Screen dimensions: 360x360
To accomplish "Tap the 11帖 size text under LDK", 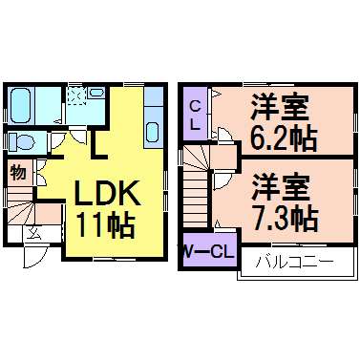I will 106,225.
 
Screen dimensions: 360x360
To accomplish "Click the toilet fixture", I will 22,140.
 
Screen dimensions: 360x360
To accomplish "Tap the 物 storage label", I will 18,173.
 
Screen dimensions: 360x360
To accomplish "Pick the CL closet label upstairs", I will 193,116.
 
